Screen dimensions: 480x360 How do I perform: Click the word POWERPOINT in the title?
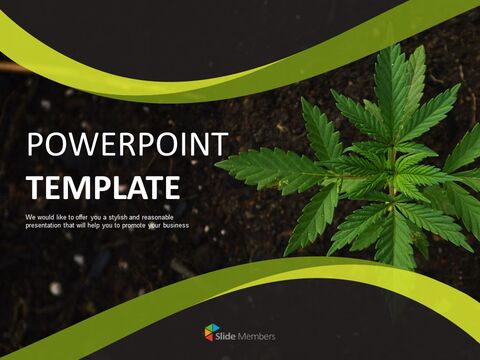point(128,144)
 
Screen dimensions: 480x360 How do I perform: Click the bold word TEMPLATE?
point(104,188)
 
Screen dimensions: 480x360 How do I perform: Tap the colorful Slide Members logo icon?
point(212,332)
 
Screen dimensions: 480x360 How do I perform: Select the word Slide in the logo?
point(225,336)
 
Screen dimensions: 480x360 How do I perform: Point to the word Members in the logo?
point(257,336)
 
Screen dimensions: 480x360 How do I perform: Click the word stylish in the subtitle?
point(117,218)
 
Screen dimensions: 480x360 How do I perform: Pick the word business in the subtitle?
point(176,226)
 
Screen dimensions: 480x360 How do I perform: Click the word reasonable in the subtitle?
point(157,218)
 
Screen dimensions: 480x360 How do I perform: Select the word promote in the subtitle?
point(133,226)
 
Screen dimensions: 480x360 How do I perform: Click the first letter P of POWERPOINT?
point(34,144)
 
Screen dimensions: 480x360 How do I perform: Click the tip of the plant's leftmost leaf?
point(216,163)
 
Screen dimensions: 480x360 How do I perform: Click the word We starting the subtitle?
point(30,218)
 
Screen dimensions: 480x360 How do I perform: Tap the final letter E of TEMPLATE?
point(173,188)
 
